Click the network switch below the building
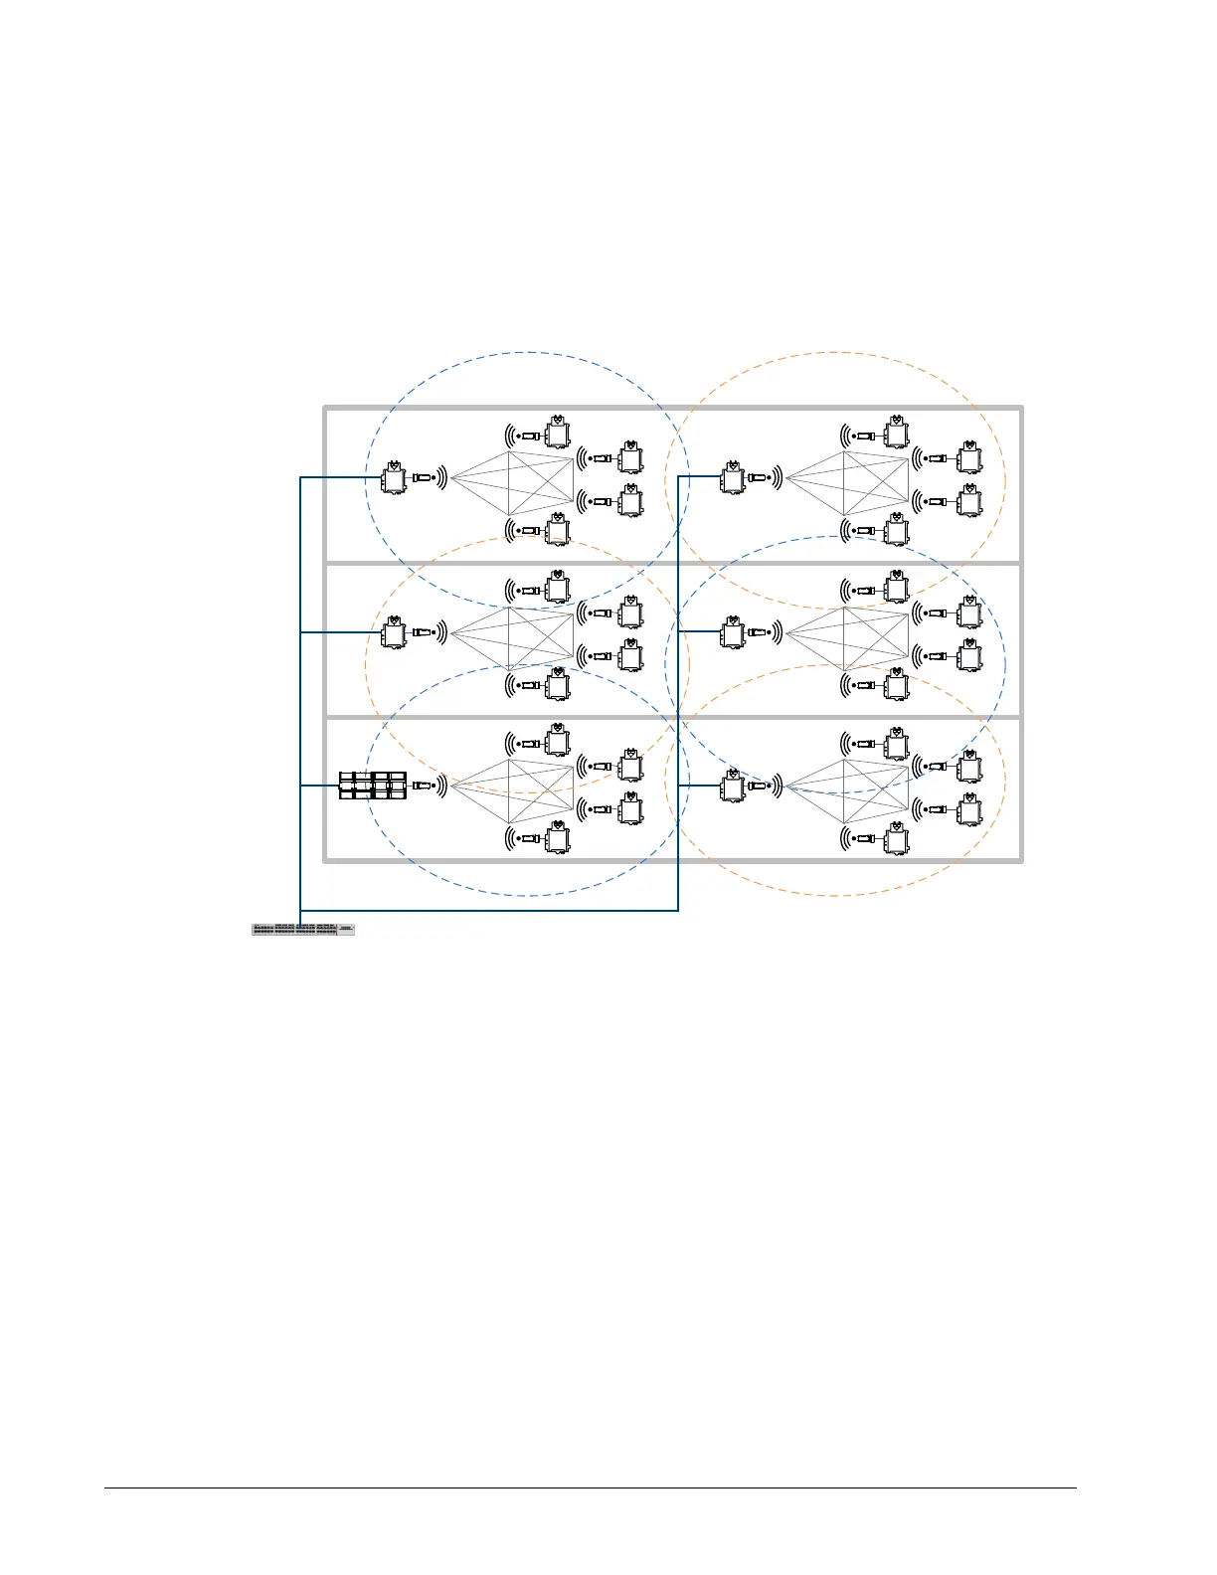pos(303,930)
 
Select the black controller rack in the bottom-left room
pos(373,786)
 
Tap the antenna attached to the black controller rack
pos(424,786)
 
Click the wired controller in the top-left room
pos(395,478)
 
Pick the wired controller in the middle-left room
pos(395,632)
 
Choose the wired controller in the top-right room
pos(734,478)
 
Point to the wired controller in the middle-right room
pos(734,632)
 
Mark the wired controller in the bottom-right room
pos(734,786)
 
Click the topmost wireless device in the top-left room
pos(557,434)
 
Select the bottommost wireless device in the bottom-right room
pos(896,840)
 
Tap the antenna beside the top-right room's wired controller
pos(761,478)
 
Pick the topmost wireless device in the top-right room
pos(896,434)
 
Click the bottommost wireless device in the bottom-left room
pos(557,840)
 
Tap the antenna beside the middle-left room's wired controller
pos(422,632)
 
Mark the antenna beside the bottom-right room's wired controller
pos(761,786)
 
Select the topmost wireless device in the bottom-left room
pos(557,742)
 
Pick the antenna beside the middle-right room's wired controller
pos(761,632)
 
